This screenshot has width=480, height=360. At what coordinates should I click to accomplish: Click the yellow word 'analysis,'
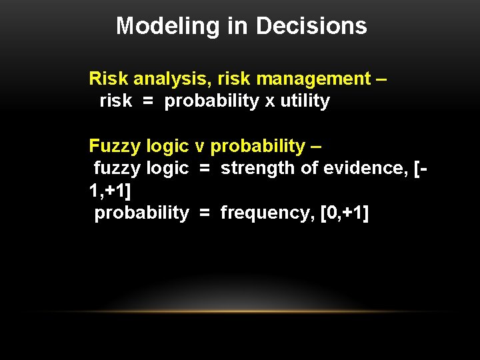169,79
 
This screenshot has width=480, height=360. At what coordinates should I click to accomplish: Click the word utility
305,101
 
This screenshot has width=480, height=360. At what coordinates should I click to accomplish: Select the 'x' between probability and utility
269,102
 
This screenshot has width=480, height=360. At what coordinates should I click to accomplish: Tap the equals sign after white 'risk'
148,102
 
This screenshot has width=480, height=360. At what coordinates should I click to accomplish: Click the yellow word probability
257,146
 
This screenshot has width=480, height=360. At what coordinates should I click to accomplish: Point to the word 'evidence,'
365,168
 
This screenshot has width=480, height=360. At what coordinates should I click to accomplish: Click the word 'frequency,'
267,213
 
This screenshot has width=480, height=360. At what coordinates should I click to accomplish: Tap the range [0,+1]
345,213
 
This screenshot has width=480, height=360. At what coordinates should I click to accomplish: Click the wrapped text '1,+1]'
110,191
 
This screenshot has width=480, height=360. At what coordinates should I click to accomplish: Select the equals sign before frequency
205,213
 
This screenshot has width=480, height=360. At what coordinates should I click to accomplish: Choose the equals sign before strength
205,169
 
